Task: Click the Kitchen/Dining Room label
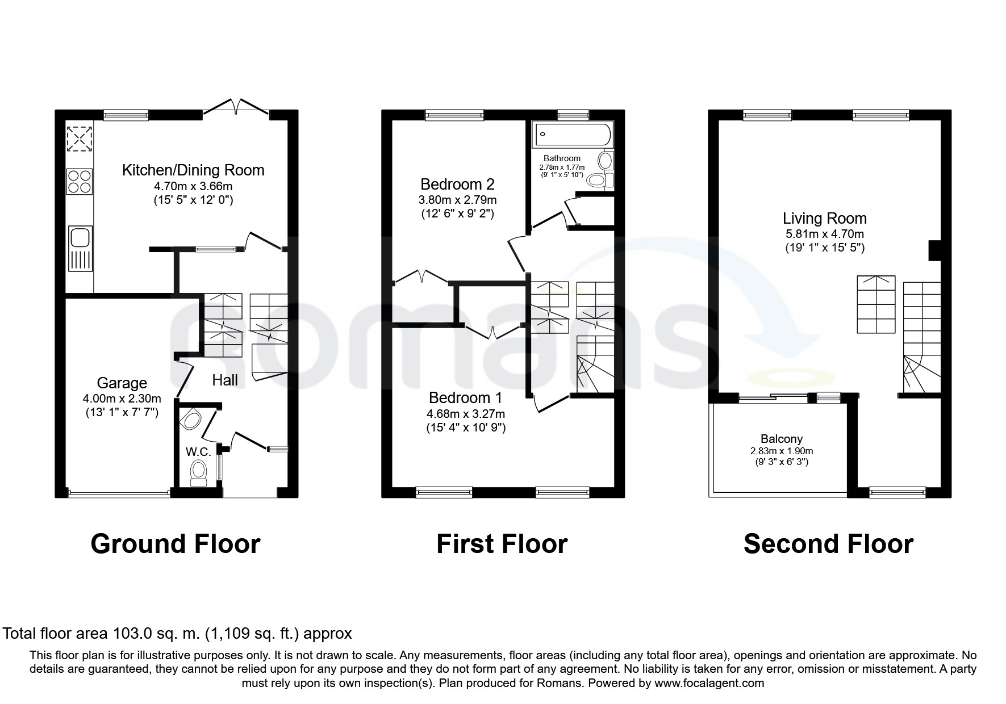tap(193, 170)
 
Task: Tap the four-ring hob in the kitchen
tap(80, 182)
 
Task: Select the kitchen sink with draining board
tap(80, 249)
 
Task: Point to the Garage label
tap(122, 384)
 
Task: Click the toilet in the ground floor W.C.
tap(198, 473)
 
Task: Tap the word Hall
tap(225, 380)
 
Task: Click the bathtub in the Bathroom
tap(573, 135)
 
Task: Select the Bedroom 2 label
tap(457, 184)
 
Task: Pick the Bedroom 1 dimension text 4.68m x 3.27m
tap(466, 414)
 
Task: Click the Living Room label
tap(825, 219)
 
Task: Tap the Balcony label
tap(782, 439)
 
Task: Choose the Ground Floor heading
tap(176, 544)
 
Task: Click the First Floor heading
tap(502, 544)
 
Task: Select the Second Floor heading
tap(828, 544)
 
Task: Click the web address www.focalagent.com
tap(709, 683)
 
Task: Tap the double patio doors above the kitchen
tap(236, 107)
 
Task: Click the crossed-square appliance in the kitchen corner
tap(80, 138)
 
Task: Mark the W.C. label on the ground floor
tap(198, 452)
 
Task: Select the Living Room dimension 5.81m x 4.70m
tap(825, 234)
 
